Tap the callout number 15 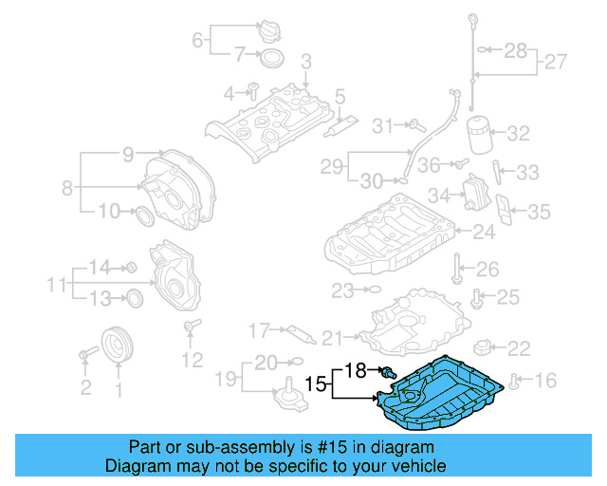pyautogui.click(x=315, y=384)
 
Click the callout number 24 pyautogui.click(x=485, y=231)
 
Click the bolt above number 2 pyautogui.click(x=86, y=354)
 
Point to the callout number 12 pyautogui.click(x=193, y=360)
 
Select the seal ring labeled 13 pyautogui.click(x=134, y=299)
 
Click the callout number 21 pyautogui.click(x=331, y=337)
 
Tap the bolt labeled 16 pyautogui.click(x=515, y=382)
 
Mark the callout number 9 pyautogui.click(x=128, y=154)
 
